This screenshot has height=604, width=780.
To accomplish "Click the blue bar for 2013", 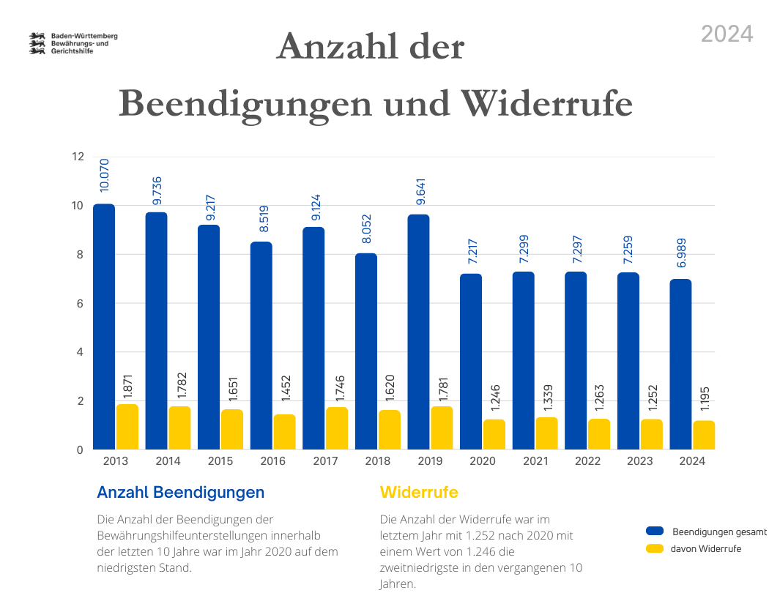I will (x=104, y=327).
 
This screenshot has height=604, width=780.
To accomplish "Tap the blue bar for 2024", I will (x=680, y=364).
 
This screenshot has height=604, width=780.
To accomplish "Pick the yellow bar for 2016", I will (x=284, y=432).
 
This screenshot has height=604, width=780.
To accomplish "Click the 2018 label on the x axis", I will (x=378, y=461).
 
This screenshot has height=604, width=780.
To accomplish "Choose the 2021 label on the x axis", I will (x=535, y=461).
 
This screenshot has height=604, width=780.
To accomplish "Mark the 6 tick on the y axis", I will (x=79, y=303).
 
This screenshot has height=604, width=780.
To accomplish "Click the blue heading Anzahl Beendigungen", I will (x=180, y=493).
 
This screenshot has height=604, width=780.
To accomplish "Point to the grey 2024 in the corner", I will (x=727, y=34).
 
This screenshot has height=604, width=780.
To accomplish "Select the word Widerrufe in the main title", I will (x=548, y=103).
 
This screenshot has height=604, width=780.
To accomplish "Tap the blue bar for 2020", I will (x=471, y=361).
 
